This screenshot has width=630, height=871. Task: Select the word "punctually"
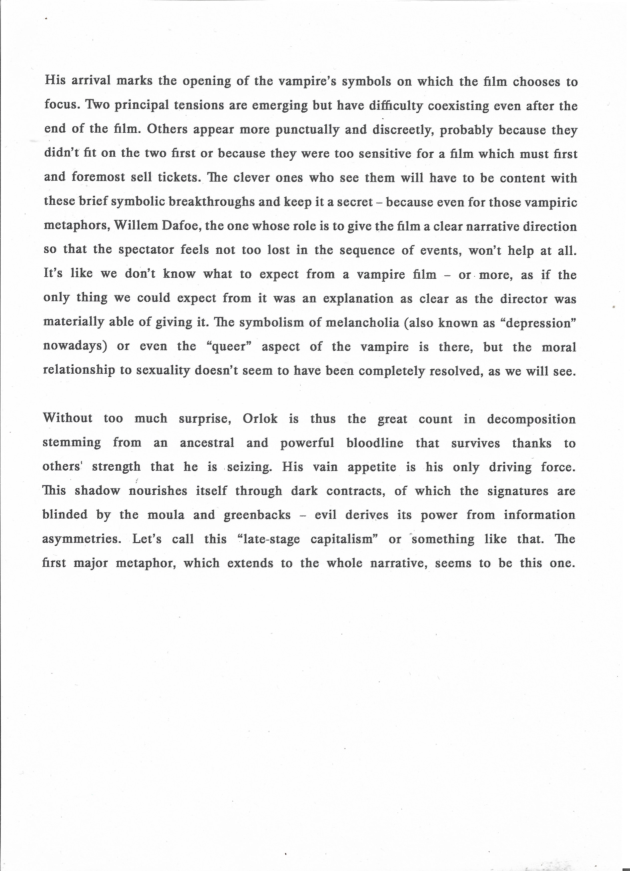coord(307,130)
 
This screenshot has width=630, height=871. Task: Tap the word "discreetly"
coord(403,130)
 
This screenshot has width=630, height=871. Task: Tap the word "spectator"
coord(146,250)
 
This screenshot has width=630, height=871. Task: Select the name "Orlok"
coord(260,419)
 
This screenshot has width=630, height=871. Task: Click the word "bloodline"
coord(375,443)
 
